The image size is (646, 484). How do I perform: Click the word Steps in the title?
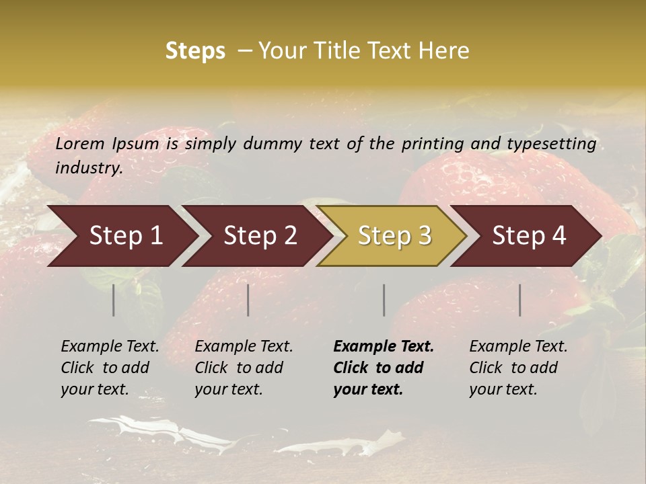pos(195,50)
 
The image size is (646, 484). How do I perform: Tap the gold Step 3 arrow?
pos(394,236)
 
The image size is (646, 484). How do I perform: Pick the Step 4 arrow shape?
pos(529,236)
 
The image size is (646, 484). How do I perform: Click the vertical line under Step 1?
pos(114,300)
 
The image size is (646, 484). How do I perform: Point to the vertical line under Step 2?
pos(248,300)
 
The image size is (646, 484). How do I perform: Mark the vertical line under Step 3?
pos(384,300)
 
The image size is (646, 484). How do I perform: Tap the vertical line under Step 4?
pos(520,300)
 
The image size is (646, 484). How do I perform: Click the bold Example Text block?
pos(384,368)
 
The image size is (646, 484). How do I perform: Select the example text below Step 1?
pos(110,368)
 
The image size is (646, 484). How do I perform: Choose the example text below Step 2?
pos(244,368)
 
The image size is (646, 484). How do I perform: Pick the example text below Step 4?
pos(518,368)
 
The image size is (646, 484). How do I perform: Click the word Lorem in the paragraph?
pos(80,144)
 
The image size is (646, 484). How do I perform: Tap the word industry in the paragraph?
pos(88,168)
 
